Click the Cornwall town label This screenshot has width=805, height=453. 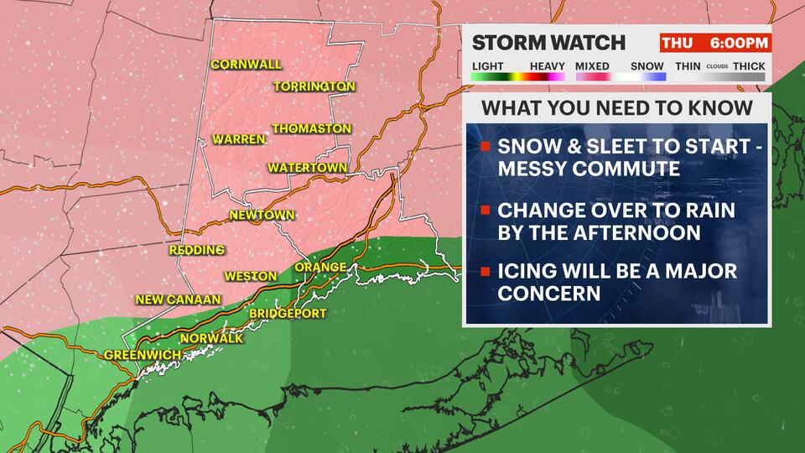tap(246, 65)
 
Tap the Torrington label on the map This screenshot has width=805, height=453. tap(314, 86)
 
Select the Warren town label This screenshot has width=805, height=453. tap(238, 139)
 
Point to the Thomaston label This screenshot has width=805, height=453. tap(311, 128)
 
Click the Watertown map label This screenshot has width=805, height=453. tap(307, 168)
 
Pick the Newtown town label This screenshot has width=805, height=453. tap(262, 216)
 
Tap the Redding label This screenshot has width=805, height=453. tap(196, 250)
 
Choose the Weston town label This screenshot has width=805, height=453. tap(250, 276)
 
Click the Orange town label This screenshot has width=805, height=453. tap(320, 268)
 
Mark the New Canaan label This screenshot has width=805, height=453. tap(178, 299)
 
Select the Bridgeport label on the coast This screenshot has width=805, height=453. tap(288, 314)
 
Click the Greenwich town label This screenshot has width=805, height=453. tap(142, 356)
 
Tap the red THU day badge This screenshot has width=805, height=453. tap(676, 43)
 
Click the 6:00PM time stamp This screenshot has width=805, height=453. tap(738, 43)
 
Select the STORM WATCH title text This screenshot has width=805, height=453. tap(548, 43)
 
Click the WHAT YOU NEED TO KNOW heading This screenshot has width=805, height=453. tap(616, 108)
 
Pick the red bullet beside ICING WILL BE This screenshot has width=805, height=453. tap(485, 273)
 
